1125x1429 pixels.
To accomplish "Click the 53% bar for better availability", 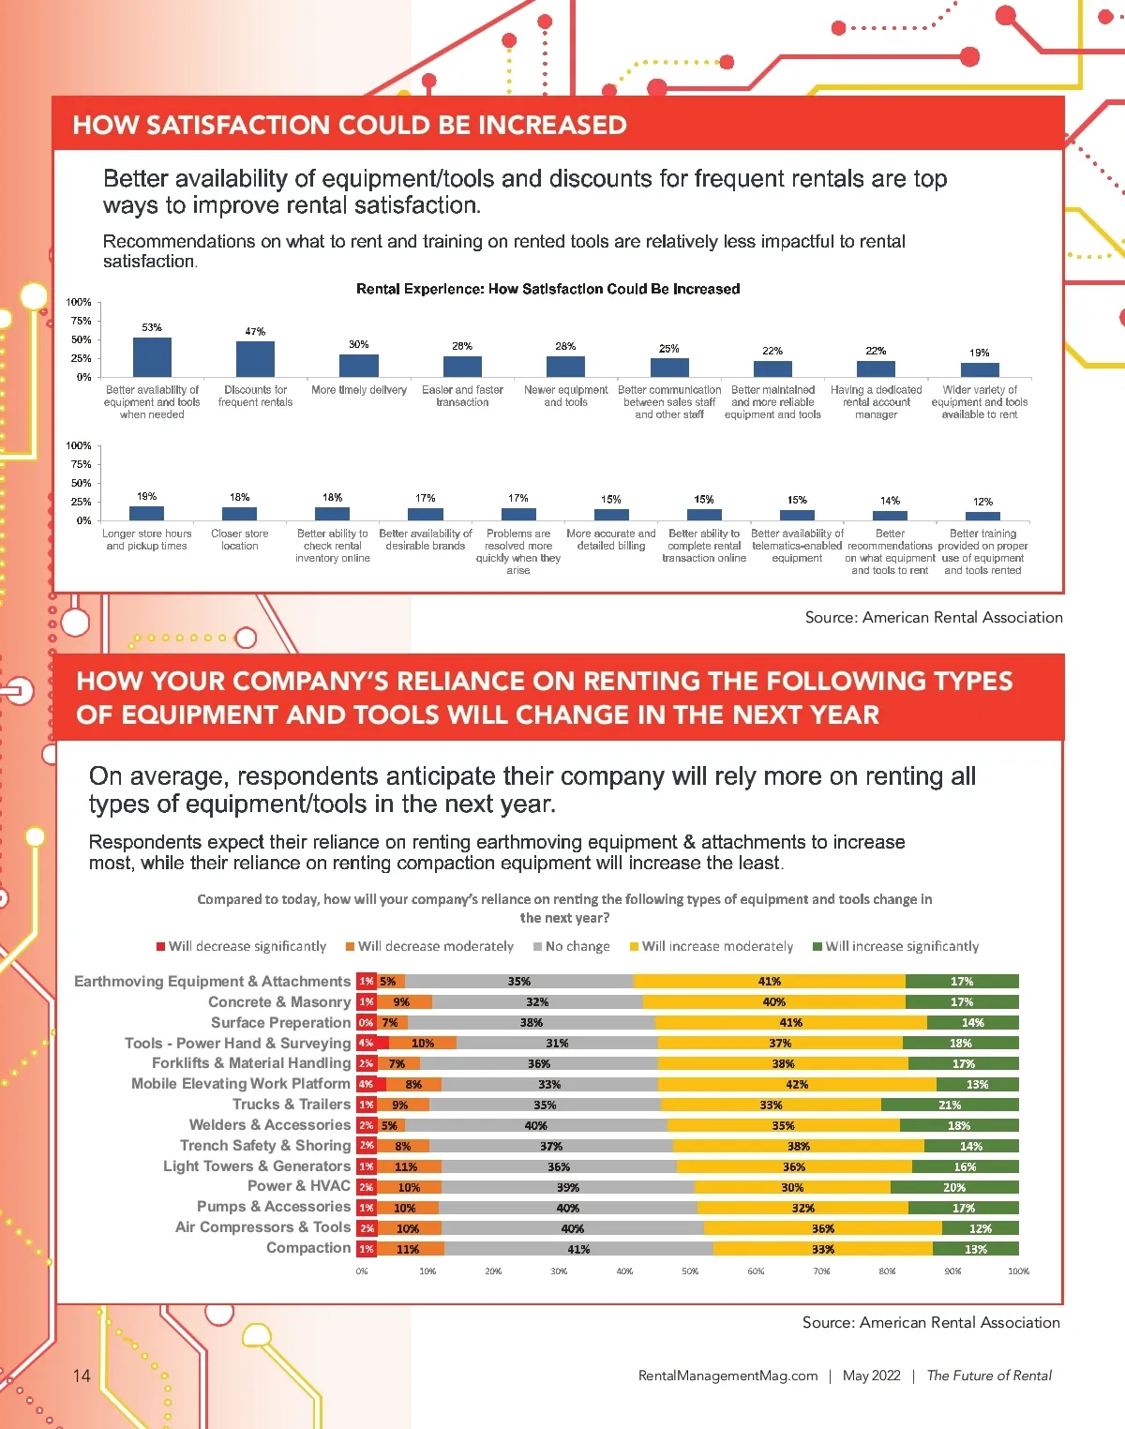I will click(152, 357).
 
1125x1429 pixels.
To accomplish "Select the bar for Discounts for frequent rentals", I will click(255, 359).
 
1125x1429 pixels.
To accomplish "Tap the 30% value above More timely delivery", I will click(359, 344).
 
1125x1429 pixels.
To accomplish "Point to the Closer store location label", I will click(240, 539).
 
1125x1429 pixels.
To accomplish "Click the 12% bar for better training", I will click(982, 516).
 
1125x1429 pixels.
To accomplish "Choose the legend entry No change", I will click(571, 946).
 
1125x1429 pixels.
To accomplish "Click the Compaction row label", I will click(308, 1248).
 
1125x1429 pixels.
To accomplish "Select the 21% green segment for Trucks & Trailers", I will click(950, 1105).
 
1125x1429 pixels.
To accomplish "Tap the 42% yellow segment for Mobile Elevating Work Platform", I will click(797, 1084).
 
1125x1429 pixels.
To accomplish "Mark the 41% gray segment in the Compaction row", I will click(578, 1249).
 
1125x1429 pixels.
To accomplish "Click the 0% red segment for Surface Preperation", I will click(366, 1023).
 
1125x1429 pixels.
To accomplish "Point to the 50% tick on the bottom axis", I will click(690, 1271).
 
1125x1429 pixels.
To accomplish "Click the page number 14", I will click(82, 1376).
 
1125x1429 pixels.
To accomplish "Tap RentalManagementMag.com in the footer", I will click(727, 1376).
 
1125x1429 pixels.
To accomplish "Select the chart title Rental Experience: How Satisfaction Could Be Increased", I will click(547, 289).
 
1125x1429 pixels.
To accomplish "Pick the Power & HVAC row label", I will click(299, 1186).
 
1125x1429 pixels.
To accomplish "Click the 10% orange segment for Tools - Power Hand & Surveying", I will click(423, 1043).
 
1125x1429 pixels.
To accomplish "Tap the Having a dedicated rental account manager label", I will click(877, 401).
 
